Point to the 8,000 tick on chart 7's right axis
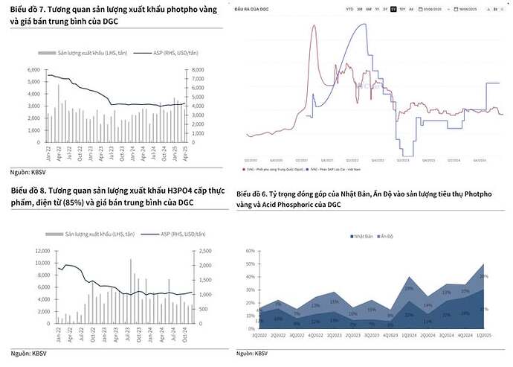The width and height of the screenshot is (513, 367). pyautogui.click(x=197, y=70)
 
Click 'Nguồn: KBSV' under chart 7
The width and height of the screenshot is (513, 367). pyautogui.click(x=26, y=171)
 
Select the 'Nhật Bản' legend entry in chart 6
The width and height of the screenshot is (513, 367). pyautogui.click(x=362, y=236)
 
